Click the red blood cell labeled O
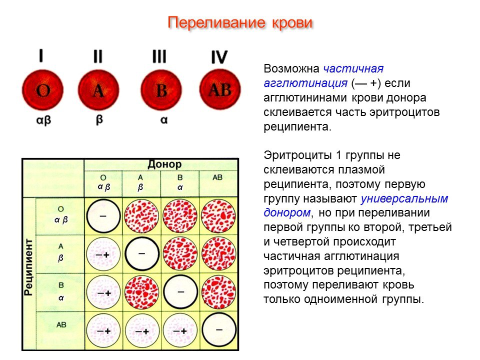[x=43, y=90]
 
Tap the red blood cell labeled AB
[x=220, y=89]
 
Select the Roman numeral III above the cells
[x=159, y=56]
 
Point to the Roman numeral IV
[x=219, y=57]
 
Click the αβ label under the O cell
[x=43, y=120]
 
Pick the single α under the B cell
[x=164, y=119]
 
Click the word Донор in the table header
[x=164, y=164]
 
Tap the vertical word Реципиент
[x=28, y=267]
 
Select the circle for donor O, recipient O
[x=103, y=216]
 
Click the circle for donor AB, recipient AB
[x=219, y=330]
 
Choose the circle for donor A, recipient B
[x=141, y=292]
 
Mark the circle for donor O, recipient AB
[x=103, y=331]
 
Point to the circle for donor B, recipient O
[x=180, y=216]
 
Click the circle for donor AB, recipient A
[x=219, y=254]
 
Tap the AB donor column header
[x=217, y=177]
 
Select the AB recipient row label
[x=61, y=324]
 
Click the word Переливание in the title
[x=216, y=22]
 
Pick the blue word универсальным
[x=404, y=199]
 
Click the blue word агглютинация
[x=305, y=83]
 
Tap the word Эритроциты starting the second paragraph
[x=297, y=155]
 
